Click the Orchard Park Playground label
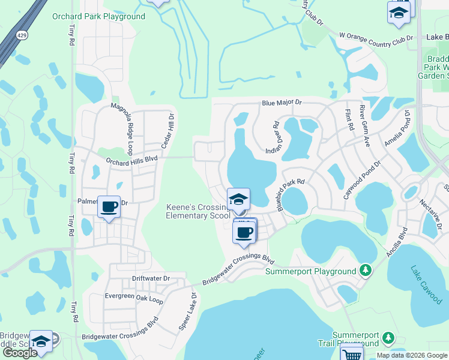coord(98,16)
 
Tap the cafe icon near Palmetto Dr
coord(109,208)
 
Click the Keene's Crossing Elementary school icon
coord(238,199)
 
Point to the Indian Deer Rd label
coord(271,137)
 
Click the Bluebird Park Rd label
coord(291,194)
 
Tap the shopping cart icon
coord(352,354)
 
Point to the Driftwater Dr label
coord(151,279)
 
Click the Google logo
coord(20,353)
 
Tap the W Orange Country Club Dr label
coord(376,38)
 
